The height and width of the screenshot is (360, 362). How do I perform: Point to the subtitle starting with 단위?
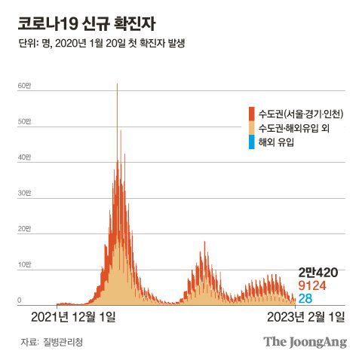pyautogui.click(x=101, y=44)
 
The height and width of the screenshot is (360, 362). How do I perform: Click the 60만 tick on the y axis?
pyautogui.click(x=23, y=86)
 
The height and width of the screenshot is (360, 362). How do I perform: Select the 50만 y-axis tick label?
pyautogui.click(x=23, y=121)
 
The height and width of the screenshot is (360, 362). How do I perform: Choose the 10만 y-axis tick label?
pyautogui.click(x=23, y=264)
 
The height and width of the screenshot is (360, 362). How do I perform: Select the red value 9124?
pyautogui.click(x=313, y=286)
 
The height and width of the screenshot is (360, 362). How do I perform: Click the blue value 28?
pyautogui.click(x=305, y=299)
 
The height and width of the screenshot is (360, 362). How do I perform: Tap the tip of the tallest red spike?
pyautogui.click(x=117, y=84)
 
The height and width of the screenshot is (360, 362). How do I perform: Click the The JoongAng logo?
pyautogui.click(x=305, y=341)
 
